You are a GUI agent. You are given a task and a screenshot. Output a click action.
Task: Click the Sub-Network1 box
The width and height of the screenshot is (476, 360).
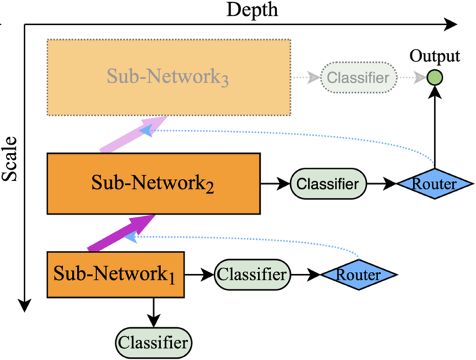pos(115,275)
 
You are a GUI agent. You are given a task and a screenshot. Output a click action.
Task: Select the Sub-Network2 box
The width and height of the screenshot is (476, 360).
pos(153,184)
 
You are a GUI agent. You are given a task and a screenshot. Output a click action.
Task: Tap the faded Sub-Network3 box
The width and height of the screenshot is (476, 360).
pos(168,78)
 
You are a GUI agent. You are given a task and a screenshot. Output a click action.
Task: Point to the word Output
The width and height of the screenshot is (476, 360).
pos(435,56)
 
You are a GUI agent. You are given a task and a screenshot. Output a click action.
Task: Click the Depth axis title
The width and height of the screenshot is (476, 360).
pos(252,10)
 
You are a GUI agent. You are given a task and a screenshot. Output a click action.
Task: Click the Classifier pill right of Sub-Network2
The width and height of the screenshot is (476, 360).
pos(329,185)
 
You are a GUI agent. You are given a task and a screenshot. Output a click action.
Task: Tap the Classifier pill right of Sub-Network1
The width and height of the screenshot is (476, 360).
pos(252,275)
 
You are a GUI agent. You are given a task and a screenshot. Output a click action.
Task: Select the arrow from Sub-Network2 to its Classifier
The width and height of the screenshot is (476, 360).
pos(274,185)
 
